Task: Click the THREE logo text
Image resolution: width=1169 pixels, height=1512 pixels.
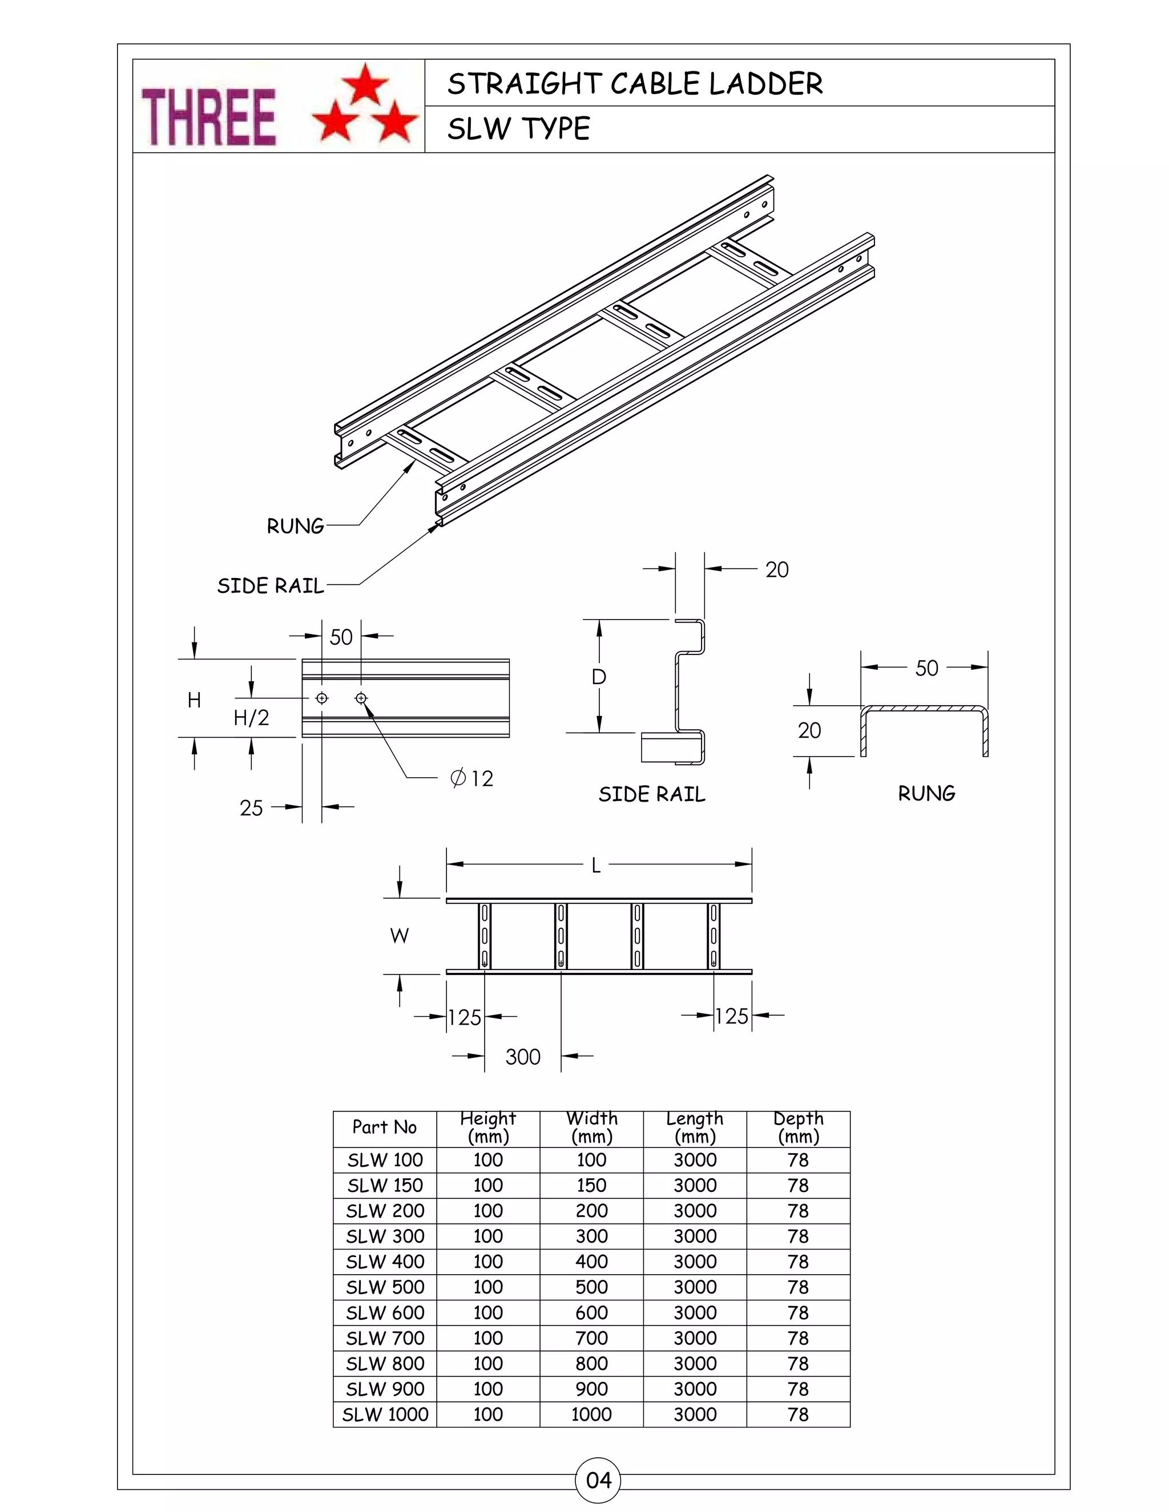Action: point(208,116)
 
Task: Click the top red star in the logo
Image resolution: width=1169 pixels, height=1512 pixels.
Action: point(365,83)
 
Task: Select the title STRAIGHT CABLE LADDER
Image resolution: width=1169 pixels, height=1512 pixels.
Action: point(634,84)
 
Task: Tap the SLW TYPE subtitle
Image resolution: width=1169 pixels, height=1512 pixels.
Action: point(519,129)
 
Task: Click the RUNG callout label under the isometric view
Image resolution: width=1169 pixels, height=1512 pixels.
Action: point(295,526)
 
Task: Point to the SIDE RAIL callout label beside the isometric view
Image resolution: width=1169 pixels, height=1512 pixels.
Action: point(270,586)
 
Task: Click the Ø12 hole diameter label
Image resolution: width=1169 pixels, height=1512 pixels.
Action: point(472,779)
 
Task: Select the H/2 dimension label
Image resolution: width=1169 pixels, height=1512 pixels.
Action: point(251,718)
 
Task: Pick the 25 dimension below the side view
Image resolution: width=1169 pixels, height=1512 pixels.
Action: point(251,808)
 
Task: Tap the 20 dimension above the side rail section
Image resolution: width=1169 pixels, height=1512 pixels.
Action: point(777,570)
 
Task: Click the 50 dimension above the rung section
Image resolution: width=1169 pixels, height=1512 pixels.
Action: point(926,668)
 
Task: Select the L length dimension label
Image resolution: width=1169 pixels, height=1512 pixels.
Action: point(595,866)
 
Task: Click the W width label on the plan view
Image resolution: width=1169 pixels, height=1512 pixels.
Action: point(400,936)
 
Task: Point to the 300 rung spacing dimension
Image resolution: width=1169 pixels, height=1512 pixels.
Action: point(523,1057)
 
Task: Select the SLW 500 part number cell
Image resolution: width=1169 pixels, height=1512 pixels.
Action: point(385,1287)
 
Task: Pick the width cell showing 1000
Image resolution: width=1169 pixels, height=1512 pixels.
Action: point(591,1414)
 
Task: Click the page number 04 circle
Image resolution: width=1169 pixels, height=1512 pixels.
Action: point(598,1480)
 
